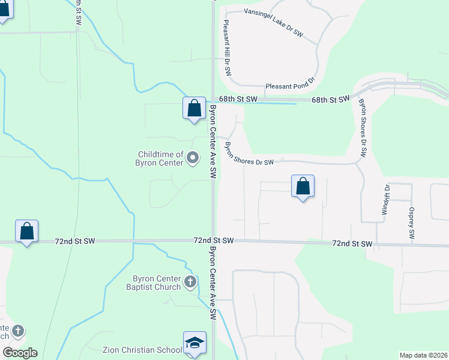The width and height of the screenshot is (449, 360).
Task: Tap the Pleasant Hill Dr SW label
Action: (227, 47)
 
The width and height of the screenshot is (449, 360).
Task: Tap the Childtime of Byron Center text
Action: (161, 158)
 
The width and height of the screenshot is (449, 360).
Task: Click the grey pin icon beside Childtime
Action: (193, 158)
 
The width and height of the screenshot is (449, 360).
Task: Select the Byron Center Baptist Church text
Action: (157, 282)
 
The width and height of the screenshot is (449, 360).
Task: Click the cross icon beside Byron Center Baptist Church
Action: (190, 281)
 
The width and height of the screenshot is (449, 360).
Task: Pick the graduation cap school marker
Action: (194, 343)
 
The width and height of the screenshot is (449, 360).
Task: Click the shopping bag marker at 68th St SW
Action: (194, 109)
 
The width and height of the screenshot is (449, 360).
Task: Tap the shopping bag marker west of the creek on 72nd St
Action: (27, 232)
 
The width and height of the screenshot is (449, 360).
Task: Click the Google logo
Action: (19, 352)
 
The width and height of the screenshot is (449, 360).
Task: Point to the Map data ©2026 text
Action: (423, 355)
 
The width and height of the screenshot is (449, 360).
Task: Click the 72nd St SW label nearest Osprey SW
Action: (352, 244)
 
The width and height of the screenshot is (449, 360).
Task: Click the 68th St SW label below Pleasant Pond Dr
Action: (330, 99)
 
